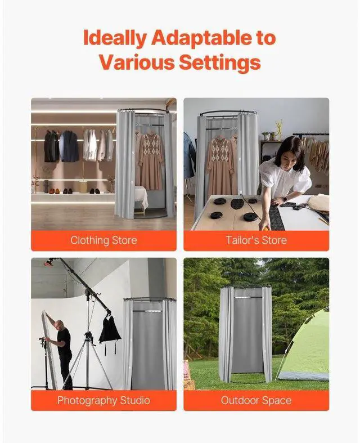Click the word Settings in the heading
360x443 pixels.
point(220,62)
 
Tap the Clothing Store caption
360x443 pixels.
point(103,240)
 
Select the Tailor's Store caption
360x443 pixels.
point(256,240)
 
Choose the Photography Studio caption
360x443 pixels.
point(103,401)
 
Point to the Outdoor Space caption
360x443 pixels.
point(256,401)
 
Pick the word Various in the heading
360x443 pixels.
point(137,62)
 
